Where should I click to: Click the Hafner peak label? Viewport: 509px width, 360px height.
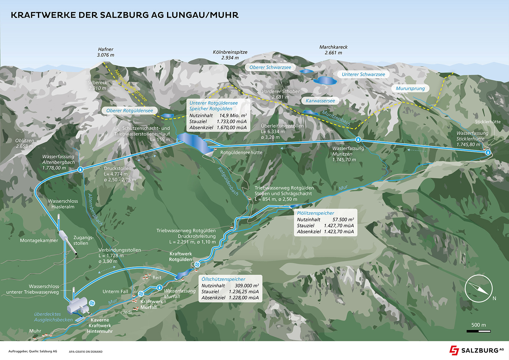[x=106, y=52]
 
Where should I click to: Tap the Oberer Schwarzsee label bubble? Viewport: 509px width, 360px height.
[x=270, y=67]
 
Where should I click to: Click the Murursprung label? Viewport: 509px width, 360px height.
[x=410, y=88]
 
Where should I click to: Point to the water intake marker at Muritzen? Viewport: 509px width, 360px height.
[x=358, y=140]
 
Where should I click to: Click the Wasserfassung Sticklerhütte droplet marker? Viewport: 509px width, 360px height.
[x=488, y=152]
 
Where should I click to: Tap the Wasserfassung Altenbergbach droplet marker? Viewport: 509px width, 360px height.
[x=81, y=170]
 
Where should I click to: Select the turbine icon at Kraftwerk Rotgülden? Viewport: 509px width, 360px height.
[x=197, y=265]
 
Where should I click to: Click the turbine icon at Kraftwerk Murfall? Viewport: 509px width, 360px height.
[x=141, y=294]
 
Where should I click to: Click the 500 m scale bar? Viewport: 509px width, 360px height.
[x=478, y=331]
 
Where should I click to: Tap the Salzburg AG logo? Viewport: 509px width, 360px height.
[x=476, y=350]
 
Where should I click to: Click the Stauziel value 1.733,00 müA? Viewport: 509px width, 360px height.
[x=231, y=122]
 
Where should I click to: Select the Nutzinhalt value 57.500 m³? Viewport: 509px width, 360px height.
[x=343, y=220]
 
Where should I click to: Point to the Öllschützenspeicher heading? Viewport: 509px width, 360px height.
[x=223, y=279]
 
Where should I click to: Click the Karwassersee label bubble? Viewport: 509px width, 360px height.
[x=320, y=101]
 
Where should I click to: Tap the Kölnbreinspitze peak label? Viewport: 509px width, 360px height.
[x=230, y=55]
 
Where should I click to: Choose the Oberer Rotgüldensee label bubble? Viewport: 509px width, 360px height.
[x=130, y=111]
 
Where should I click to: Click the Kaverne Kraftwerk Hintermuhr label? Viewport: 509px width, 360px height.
[x=100, y=326]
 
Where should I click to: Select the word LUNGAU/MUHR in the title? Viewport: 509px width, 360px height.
[x=202, y=15]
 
